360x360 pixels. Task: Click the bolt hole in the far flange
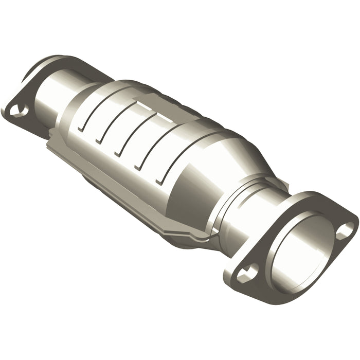tap(19, 109)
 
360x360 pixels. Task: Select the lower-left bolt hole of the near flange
tap(247, 272)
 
